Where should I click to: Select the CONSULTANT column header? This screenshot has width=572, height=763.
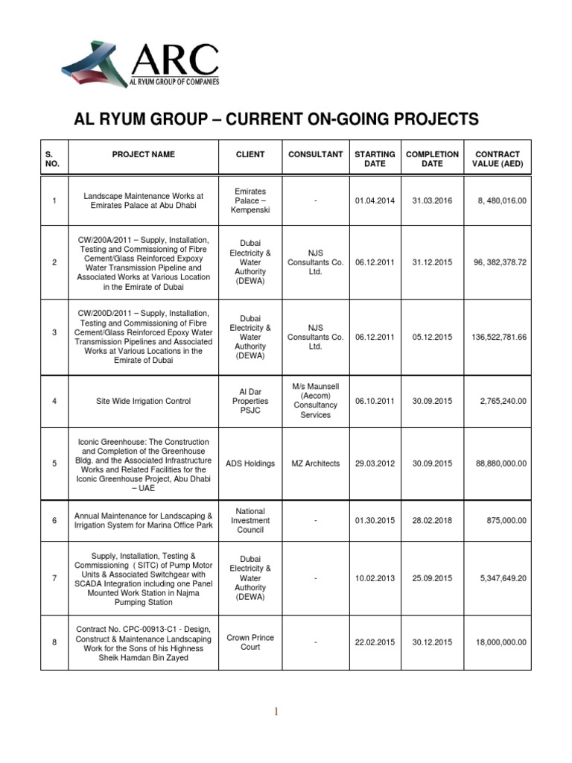click(316, 154)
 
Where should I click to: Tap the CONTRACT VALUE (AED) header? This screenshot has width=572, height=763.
click(497, 159)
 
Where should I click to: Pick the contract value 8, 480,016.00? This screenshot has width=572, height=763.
click(500, 201)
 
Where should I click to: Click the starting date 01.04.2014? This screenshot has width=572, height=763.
click(375, 201)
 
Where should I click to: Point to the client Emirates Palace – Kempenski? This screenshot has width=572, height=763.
click(250, 201)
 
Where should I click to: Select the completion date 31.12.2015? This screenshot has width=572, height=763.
click(432, 262)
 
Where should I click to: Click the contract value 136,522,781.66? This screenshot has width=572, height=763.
click(499, 337)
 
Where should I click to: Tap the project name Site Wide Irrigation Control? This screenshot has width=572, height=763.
click(144, 401)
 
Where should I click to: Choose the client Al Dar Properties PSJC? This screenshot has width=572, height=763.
click(250, 401)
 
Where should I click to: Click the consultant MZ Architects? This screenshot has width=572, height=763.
click(316, 463)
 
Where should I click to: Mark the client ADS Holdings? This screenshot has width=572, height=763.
click(250, 463)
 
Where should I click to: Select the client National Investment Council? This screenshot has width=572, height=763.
click(250, 520)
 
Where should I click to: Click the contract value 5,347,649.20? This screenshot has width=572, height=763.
click(500, 577)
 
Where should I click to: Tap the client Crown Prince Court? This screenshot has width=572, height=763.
click(250, 642)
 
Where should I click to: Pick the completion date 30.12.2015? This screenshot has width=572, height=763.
click(432, 642)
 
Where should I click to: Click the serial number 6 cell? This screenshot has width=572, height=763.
click(54, 520)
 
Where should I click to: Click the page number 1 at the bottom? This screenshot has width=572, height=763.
click(276, 712)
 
